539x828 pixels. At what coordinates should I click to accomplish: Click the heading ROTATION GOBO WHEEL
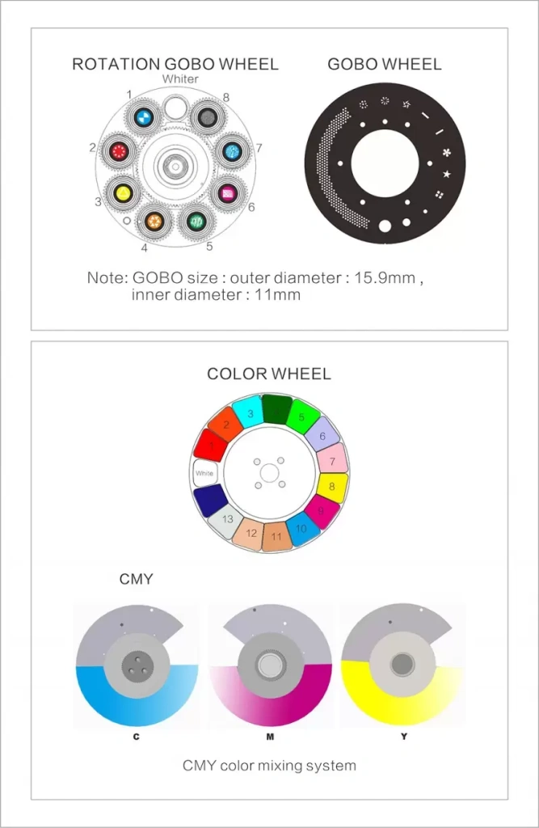point(175,64)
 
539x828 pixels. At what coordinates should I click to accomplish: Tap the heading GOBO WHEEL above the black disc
point(385,64)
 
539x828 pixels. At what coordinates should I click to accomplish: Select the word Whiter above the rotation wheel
point(180,78)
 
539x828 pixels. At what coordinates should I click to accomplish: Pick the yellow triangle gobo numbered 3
point(123,192)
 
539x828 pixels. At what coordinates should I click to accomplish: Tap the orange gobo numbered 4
point(154,221)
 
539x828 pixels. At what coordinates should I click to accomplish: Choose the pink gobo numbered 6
point(228,192)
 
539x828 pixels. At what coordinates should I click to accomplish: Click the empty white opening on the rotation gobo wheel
point(174,108)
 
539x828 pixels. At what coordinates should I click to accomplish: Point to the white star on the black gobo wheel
point(447,174)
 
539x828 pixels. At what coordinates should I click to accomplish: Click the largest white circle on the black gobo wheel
point(385,226)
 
